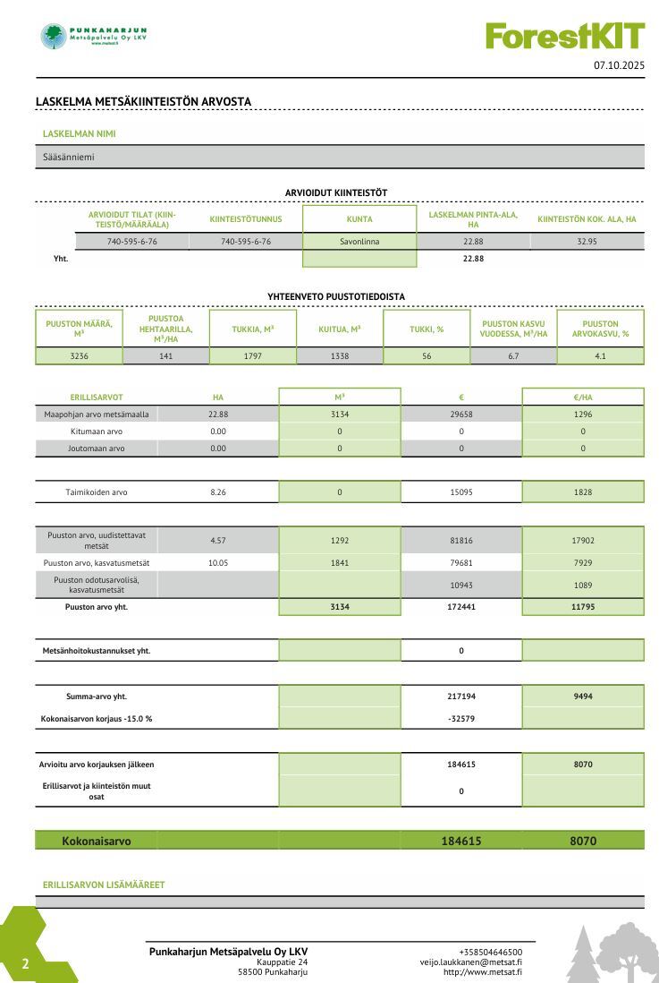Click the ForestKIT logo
tap(565, 36)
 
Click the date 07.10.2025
tap(619, 65)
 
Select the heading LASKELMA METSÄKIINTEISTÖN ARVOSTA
tap(143, 101)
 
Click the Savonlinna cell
tap(359, 242)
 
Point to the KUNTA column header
tap(359, 219)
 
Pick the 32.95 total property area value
tap(587, 242)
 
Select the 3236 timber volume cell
tap(79, 355)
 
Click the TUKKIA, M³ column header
tap(252, 329)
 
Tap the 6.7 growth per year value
tap(512, 355)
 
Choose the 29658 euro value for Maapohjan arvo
tap(461, 415)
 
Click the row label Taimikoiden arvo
tap(97, 491)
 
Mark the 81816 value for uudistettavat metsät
tap(461, 541)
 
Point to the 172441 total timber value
tap(461, 607)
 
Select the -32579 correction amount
tap(461, 718)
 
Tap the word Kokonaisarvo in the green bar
tap(97, 842)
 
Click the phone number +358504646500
tap(490, 952)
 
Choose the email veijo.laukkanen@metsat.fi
tap(471, 962)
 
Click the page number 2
tap(26, 964)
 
